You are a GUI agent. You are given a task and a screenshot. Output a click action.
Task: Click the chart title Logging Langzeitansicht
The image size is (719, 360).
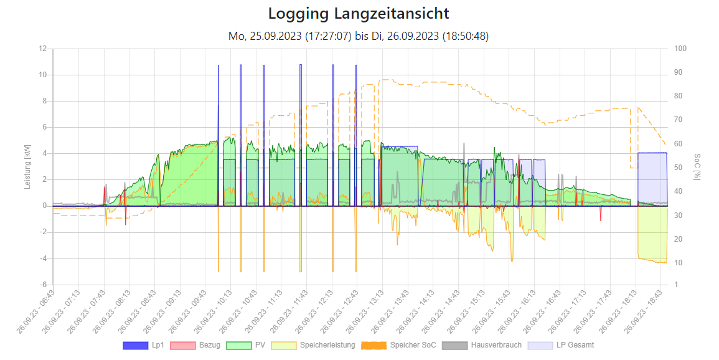pyautogui.click(x=359, y=13)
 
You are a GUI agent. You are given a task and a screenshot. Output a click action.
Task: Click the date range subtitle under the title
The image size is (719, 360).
pyautogui.click(x=359, y=36)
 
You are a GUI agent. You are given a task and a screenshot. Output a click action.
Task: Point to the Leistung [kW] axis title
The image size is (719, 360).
pyautogui.click(x=27, y=167)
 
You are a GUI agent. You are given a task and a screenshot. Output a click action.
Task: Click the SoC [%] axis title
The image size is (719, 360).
pyautogui.click(x=697, y=167)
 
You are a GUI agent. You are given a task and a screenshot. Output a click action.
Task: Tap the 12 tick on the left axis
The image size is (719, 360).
pyautogui.click(x=43, y=49)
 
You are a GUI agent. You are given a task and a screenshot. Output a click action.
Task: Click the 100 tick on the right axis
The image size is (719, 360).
pyautogui.click(x=680, y=49)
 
